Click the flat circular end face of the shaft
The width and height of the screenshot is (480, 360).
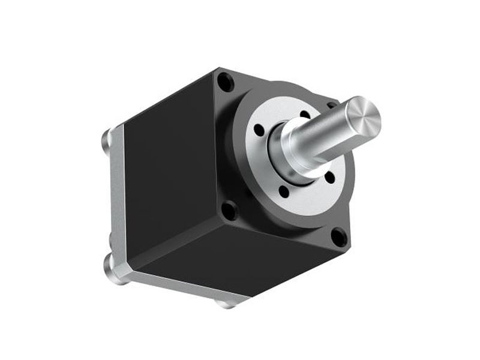[x=363, y=117]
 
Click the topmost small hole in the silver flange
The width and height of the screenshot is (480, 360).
[x=305, y=114]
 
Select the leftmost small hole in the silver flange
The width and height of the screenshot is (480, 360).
[x=259, y=130]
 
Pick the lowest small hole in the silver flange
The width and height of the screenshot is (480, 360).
[x=283, y=191]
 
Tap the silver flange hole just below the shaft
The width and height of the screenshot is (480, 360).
[x=330, y=177]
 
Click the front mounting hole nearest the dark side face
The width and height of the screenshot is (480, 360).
[x=229, y=210]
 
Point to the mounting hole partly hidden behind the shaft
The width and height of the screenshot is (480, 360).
[x=331, y=105]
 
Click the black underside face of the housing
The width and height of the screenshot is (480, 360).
[x=240, y=258]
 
